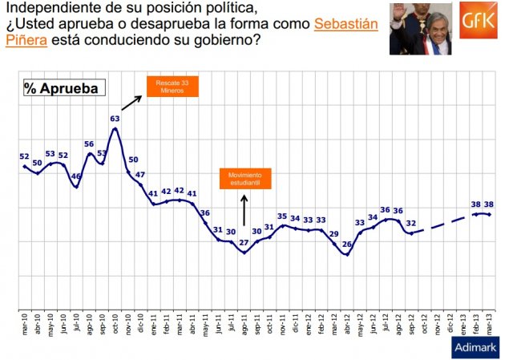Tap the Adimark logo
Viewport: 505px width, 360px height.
(476, 347)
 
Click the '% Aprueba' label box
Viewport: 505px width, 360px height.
(61, 87)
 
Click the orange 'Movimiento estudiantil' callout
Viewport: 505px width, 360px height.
(246, 179)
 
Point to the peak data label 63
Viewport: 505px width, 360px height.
(115, 119)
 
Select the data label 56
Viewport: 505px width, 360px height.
(89, 144)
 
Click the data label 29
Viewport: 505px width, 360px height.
(333, 233)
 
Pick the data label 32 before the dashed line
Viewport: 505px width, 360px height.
(410, 223)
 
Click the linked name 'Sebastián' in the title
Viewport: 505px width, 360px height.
(345, 24)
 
